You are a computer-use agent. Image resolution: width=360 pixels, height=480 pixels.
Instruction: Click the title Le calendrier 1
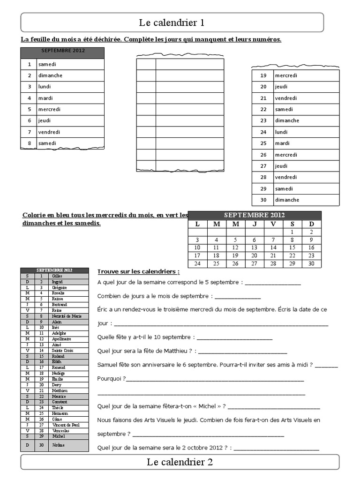tap(172, 22)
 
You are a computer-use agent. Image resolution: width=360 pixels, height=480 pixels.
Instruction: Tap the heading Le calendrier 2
tap(180, 462)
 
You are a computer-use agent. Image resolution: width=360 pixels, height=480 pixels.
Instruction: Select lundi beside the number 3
tap(45, 87)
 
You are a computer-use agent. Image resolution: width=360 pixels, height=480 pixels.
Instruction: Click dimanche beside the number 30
tap(287, 200)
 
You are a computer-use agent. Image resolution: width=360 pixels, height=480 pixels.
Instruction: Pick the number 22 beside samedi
tap(263, 109)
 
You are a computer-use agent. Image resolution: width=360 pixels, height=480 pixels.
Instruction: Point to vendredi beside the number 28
tap(286, 177)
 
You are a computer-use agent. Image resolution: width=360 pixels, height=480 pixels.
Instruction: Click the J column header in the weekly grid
tap(255, 224)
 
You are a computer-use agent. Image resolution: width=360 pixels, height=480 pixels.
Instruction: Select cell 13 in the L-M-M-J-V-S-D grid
tap(255, 247)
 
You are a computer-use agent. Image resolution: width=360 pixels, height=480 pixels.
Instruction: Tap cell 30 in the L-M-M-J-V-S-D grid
tap(311, 264)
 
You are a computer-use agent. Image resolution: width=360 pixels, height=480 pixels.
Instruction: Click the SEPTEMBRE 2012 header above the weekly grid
tap(255, 215)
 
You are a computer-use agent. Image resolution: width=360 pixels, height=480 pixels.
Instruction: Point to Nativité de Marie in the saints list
tap(67, 316)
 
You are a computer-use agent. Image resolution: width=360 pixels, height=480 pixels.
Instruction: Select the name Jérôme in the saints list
tap(59, 445)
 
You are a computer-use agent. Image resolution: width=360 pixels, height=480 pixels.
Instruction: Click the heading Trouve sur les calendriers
tap(138, 271)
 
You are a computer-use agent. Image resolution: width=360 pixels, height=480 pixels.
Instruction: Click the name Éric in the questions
tap(104, 309)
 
